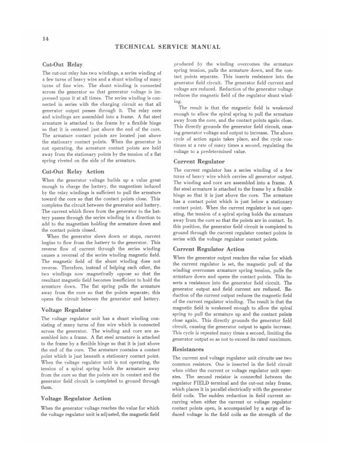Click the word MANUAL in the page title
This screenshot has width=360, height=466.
coord(204,46)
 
